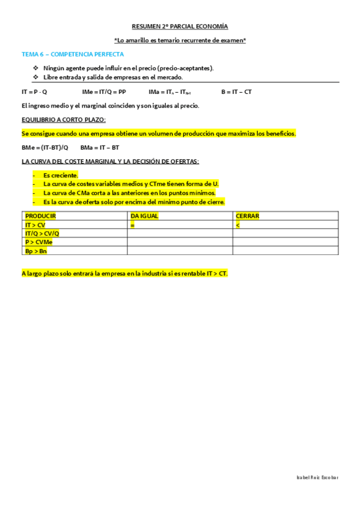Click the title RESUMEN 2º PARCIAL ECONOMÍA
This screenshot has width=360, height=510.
(x=180, y=27)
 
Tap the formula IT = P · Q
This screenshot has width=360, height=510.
(x=34, y=92)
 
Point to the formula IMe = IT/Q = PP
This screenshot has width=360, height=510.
(x=104, y=92)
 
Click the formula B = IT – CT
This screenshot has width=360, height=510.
(x=236, y=92)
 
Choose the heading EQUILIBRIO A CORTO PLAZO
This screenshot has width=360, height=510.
(x=63, y=119)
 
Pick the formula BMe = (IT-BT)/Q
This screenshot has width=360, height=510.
(x=45, y=147)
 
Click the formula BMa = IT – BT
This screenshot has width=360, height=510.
(x=100, y=147)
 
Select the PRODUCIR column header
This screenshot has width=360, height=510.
(x=40, y=215)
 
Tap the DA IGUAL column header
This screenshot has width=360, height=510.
(x=145, y=215)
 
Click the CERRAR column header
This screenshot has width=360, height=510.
(x=248, y=215)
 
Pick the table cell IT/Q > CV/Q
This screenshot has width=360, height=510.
(x=42, y=233)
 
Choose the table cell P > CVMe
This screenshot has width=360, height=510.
(x=38, y=242)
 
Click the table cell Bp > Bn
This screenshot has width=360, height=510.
(x=35, y=251)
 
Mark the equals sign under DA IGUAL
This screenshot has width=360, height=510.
(x=132, y=224)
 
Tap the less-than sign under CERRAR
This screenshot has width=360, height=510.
(x=238, y=224)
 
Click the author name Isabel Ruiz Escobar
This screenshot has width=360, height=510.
(x=317, y=477)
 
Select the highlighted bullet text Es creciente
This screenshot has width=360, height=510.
(x=61, y=175)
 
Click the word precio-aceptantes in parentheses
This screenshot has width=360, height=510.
(x=186, y=68)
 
